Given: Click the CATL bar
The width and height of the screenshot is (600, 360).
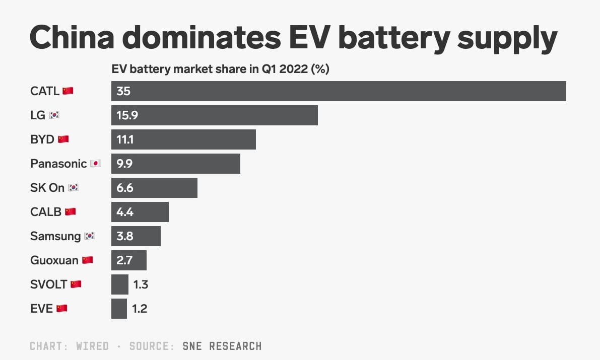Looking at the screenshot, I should point(339,91).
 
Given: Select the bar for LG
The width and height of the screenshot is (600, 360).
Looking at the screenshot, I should point(215,115).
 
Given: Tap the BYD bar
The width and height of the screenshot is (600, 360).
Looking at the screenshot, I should point(183,139).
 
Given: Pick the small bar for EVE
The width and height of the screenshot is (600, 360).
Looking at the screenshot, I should point(119,309).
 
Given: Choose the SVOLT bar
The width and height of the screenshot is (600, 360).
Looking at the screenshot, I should point(120,284).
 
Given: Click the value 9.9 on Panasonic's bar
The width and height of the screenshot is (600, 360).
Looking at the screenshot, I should point(124,164).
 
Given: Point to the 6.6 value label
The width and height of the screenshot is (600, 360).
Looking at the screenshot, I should point(124,188).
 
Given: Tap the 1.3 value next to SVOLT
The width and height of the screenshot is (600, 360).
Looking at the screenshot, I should point(141,284).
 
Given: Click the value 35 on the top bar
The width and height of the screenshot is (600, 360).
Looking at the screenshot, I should point(123,91).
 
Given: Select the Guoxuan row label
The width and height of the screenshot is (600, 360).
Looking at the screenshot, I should point(54,260).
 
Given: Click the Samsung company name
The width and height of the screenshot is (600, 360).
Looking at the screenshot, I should point(55,236).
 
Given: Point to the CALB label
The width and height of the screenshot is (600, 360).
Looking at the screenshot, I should point(46,212).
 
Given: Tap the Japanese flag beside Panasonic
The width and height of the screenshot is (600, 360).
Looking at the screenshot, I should point(95,164).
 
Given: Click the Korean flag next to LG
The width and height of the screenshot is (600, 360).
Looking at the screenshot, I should point(54,115).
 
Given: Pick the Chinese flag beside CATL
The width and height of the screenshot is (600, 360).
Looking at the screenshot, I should point(68,91).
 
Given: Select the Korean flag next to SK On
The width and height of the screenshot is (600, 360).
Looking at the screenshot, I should point(74,188).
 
